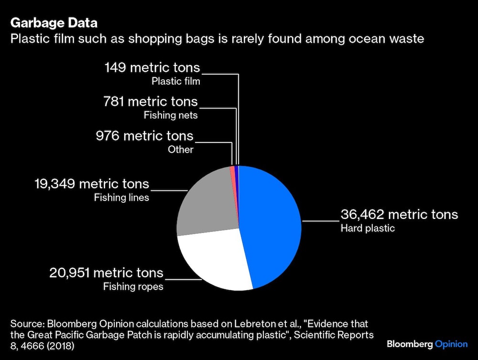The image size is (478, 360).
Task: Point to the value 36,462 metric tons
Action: pos(399,215)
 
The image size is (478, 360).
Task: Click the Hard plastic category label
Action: pos(367,228)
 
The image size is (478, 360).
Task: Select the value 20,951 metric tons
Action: pos(106,273)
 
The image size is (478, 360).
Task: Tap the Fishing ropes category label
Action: pos(133,287)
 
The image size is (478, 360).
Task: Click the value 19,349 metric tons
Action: pos(92,184)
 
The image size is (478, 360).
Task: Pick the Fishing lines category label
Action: pos(121,197)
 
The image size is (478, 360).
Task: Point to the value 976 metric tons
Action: pos(144,136)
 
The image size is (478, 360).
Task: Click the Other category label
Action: pos(180,150)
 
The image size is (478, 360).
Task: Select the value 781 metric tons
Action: pos(151,101)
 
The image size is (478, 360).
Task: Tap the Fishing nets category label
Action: pos(171,115)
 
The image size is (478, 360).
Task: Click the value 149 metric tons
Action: pos(152,67)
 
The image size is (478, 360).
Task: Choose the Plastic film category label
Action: pos(175,81)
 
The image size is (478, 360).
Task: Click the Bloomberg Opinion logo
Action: pos(427,344)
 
